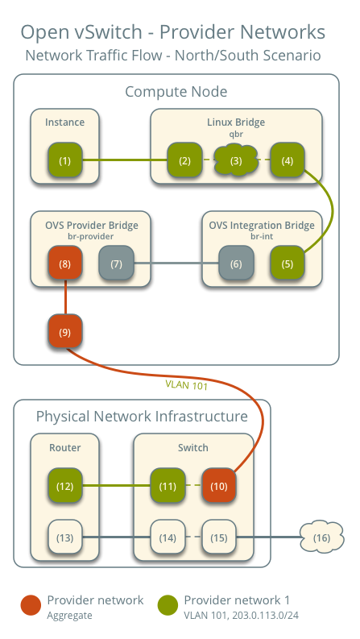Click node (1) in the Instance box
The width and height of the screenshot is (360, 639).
tap(64, 160)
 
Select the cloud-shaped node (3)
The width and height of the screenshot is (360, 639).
tap(235, 160)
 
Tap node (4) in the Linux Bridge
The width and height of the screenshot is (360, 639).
tap(286, 160)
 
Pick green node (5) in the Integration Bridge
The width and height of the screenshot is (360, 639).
tap(286, 263)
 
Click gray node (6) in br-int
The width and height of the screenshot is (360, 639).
tap(235, 263)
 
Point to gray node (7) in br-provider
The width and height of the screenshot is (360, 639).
tap(116, 263)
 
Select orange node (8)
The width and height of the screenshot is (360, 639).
tap(64, 263)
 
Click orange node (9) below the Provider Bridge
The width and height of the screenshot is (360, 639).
tap(64, 330)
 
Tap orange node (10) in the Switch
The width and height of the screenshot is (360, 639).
tap(218, 486)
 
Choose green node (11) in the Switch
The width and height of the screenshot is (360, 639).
tap(168, 486)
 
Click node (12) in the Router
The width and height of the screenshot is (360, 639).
tap(64, 486)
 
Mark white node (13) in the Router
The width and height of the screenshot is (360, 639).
tap(64, 537)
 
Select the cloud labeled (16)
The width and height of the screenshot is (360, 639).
tap(321, 537)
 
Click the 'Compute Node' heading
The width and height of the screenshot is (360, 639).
tap(176, 92)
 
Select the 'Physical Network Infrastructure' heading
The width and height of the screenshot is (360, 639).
tap(142, 417)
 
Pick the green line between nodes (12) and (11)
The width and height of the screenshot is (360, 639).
tap(116, 486)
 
